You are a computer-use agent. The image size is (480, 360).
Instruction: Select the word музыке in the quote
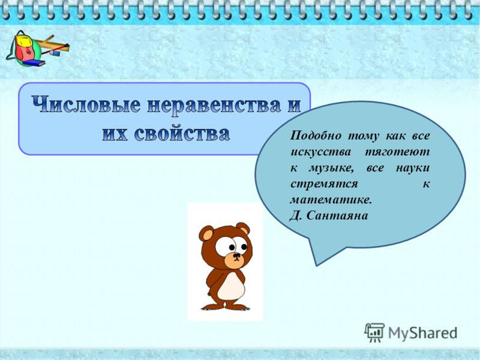pyautogui.click(x=329, y=168)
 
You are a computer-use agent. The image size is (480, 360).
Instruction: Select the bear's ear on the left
pyautogui.click(x=206, y=233)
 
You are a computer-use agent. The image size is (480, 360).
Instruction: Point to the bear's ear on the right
pyautogui.click(x=242, y=228)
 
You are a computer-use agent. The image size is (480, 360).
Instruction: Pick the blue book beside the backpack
pyautogui.click(x=35, y=62)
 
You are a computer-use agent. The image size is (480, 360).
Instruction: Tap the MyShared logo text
pyautogui.click(x=421, y=332)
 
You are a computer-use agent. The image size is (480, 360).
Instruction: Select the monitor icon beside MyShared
pyautogui.click(x=374, y=332)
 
